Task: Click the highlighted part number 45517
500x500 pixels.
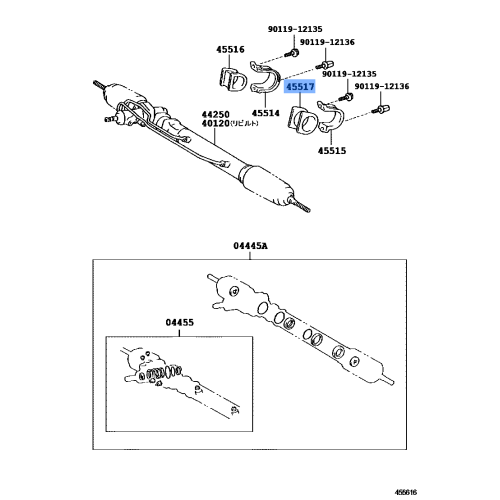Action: point(300,88)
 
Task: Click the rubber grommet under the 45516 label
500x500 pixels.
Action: point(228,81)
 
